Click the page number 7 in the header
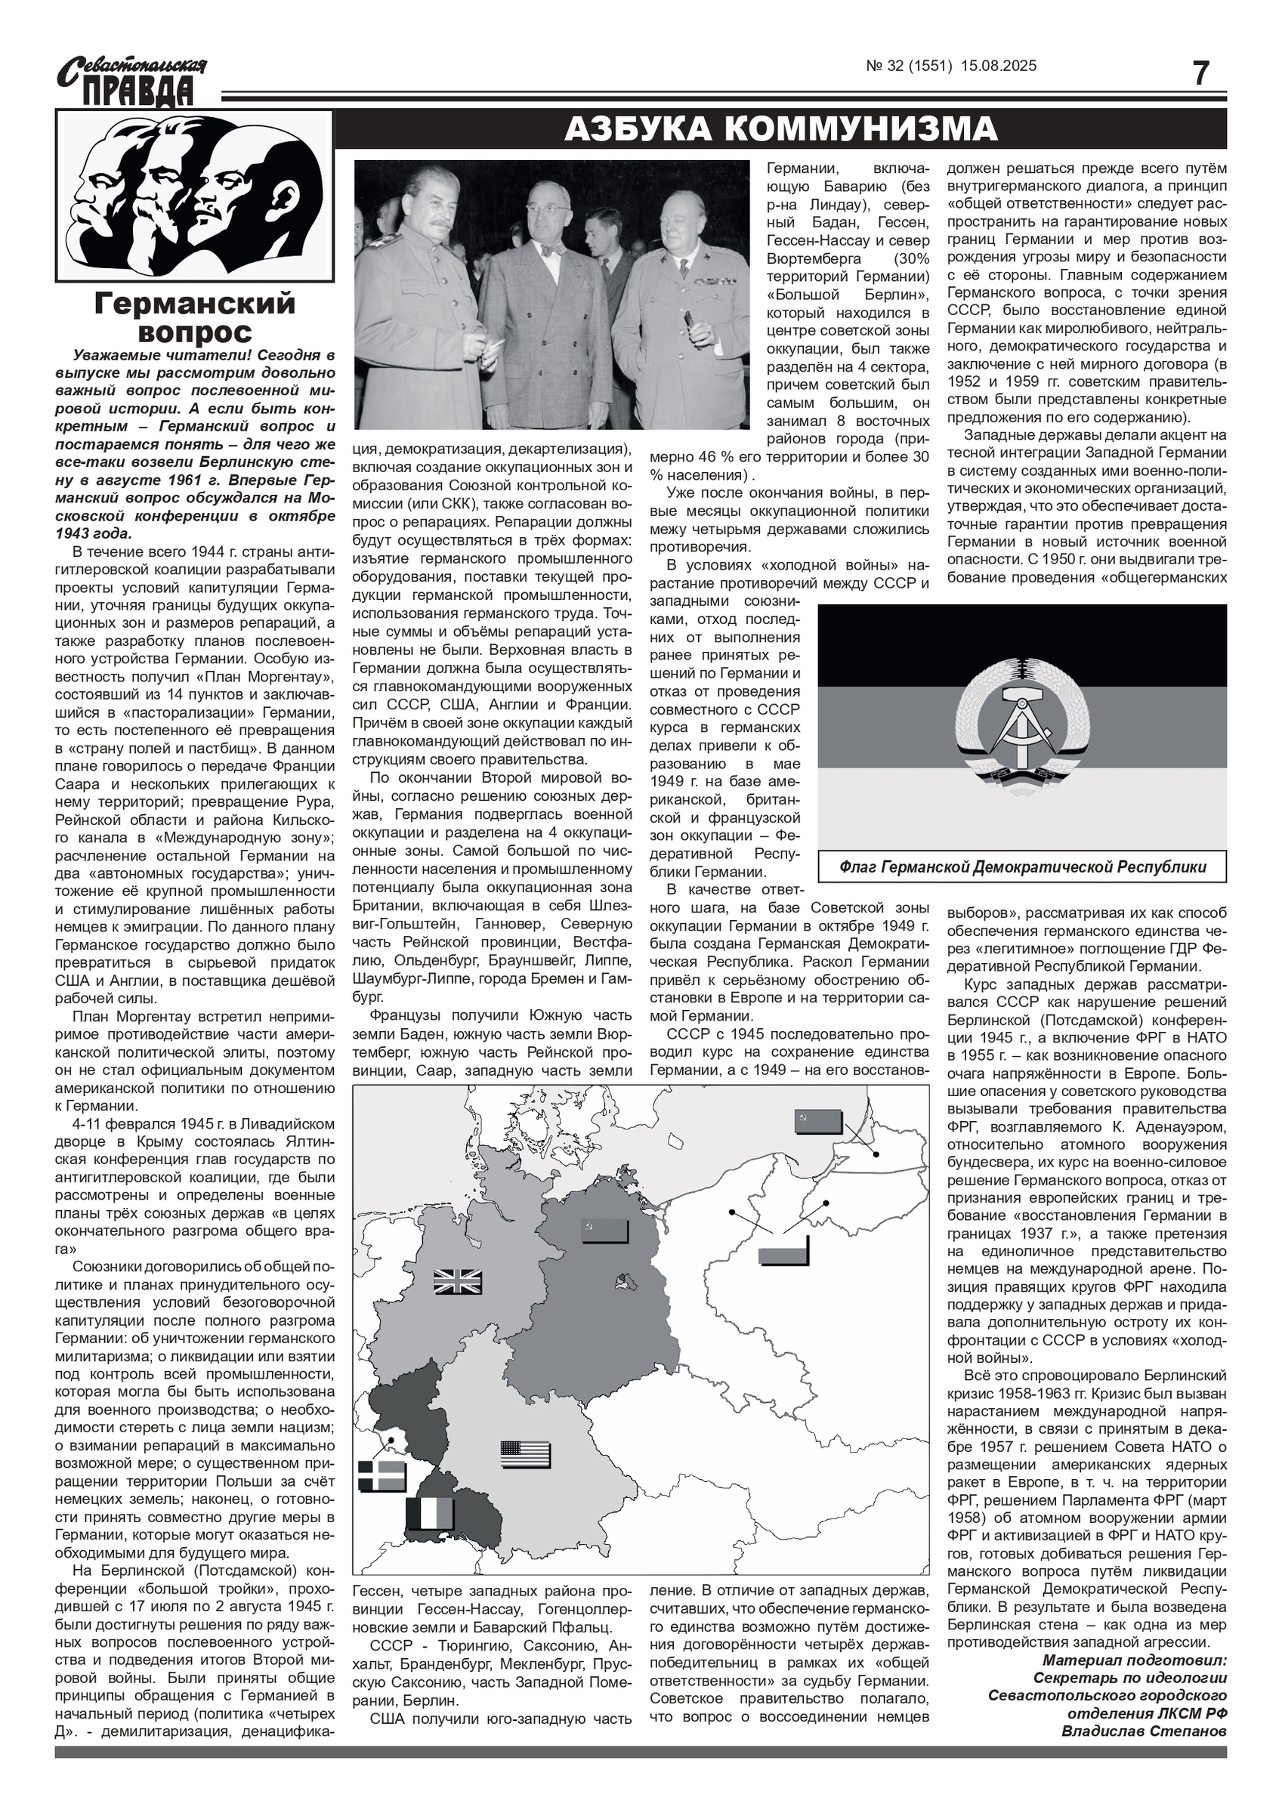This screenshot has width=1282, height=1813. click(x=1200, y=73)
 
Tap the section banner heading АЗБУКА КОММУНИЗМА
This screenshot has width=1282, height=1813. click(x=780, y=128)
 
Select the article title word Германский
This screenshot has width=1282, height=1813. click(x=194, y=303)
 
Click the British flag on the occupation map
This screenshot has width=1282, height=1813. click(x=457, y=1282)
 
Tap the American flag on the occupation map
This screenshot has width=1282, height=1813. click(x=525, y=1454)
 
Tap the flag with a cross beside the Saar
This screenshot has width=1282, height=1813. click(x=382, y=1476)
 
